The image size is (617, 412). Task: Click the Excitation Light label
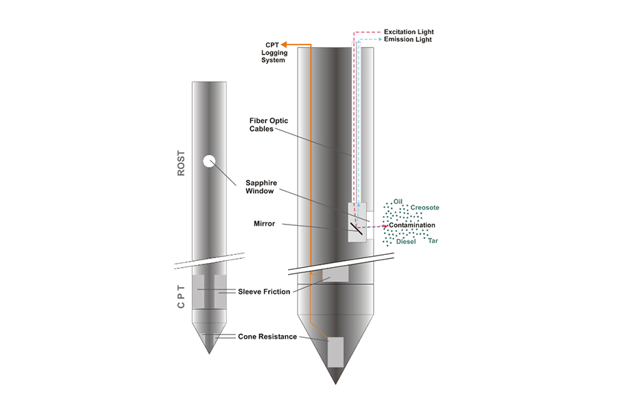point(409,32)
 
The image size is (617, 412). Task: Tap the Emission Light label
point(408,40)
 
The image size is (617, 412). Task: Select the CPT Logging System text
point(271,52)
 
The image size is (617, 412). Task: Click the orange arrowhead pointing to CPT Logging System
point(285,44)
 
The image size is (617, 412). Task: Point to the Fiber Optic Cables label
point(269,124)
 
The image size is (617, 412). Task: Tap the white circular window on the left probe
point(209,161)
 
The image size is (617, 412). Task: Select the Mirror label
point(265,223)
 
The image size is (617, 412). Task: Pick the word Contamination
point(412,225)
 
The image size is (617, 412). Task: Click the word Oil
point(398,201)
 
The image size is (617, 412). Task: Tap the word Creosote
point(424,207)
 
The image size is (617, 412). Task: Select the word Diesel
point(406,242)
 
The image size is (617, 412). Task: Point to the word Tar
point(433,241)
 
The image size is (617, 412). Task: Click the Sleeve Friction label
point(264,291)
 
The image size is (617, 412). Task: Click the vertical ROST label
point(182,163)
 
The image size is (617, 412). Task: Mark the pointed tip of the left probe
point(209,352)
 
